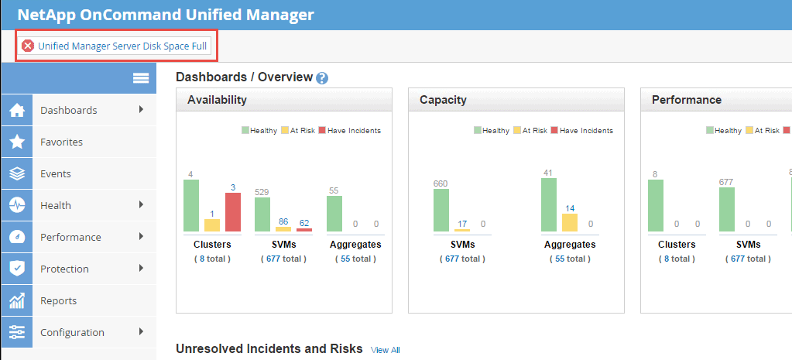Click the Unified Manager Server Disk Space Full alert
[x=115, y=46]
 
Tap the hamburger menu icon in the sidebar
[x=140, y=78]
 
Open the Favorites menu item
[x=61, y=142]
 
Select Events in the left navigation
[x=55, y=173]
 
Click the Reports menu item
[x=58, y=300]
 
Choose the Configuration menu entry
[x=72, y=332]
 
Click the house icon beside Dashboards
[x=16, y=110]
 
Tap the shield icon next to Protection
[x=16, y=269]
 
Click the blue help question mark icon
[x=322, y=78]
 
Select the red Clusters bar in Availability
[x=233, y=212]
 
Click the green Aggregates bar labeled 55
[x=334, y=214]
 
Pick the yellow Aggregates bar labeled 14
[x=569, y=222]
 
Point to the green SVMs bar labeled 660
[x=441, y=210]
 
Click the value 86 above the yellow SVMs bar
[x=283, y=221]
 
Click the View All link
[x=385, y=350]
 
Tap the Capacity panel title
[x=443, y=100]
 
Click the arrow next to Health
[x=141, y=204]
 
